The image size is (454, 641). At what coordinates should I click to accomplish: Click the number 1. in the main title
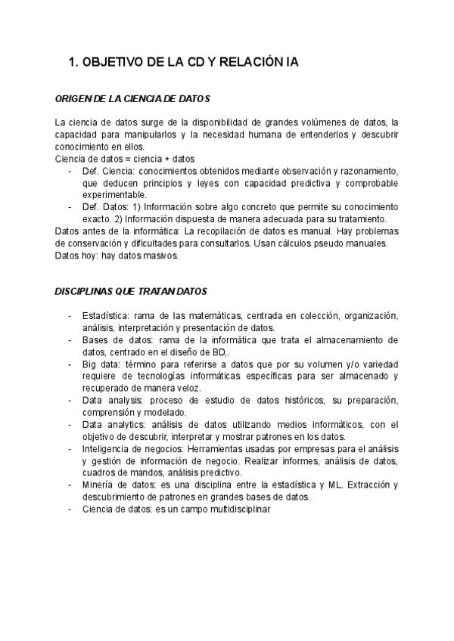click(x=73, y=63)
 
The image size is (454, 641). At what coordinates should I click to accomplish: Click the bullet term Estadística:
click(x=107, y=316)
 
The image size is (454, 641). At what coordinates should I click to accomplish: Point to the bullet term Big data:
click(x=102, y=364)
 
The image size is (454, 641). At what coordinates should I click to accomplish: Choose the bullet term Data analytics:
click(x=114, y=425)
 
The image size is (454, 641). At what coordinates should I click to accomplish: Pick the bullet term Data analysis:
click(x=112, y=400)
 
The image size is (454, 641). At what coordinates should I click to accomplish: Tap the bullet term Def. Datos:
click(x=105, y=206)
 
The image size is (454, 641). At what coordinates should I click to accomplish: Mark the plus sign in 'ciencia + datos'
click(x=166, y=159)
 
